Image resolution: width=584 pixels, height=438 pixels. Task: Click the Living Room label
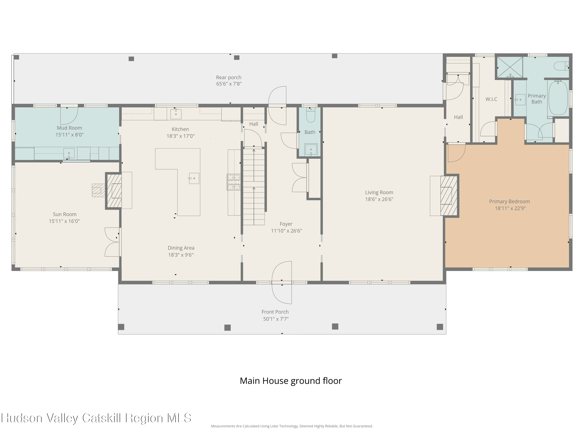click(379, 193)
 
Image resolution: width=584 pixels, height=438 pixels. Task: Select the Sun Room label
click(64, 214)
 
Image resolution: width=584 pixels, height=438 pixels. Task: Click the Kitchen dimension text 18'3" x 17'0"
click(181, 136)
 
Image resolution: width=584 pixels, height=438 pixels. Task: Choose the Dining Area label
click(181, 248)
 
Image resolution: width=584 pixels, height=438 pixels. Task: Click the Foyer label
click(286, 224)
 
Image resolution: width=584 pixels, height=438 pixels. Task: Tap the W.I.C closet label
click(491, 99)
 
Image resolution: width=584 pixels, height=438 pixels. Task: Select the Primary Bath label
click(537, 99)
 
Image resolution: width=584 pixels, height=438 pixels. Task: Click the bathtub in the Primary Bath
click(558, 98)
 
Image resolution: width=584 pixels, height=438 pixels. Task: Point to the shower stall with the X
click(510, 67)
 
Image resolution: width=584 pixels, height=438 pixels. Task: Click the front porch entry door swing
click(282, 282)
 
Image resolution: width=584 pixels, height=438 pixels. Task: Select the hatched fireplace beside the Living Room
click(449, 196)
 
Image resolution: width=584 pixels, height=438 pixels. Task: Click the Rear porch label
click(229, 77)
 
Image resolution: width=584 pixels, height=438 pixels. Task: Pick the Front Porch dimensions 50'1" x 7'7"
click(276, 319)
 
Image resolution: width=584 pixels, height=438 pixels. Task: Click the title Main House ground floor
click(291, 381)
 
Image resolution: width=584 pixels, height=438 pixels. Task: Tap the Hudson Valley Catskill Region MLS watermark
click(96, 418)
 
